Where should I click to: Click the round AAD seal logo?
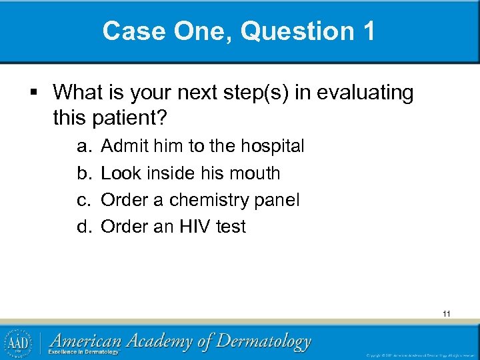tap(21, 342)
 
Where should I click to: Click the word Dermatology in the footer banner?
tap(264, 342)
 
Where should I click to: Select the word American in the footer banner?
tap(85, 341)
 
